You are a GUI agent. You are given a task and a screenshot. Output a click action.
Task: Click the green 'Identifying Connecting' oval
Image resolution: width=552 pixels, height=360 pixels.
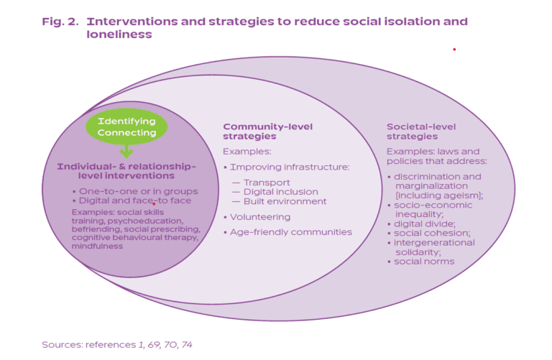pos(126,126)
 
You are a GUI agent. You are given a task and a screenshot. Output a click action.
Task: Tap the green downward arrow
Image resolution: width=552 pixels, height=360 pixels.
pos(126,152)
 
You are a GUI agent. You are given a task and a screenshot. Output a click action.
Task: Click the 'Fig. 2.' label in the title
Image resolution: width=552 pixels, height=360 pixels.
pos(60,22)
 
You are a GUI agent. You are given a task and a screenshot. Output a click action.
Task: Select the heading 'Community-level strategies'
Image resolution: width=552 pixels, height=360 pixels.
pos(267,131)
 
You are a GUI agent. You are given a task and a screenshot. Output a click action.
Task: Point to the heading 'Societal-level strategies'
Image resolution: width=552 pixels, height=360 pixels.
pos(421,131)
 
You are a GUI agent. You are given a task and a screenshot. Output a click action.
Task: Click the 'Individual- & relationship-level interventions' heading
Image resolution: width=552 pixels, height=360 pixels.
pos(126,171)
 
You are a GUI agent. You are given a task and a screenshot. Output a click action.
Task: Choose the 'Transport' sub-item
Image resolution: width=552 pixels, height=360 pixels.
pos(267,183)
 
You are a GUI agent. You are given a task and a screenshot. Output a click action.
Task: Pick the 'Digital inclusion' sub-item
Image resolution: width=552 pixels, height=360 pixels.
pos(280,192)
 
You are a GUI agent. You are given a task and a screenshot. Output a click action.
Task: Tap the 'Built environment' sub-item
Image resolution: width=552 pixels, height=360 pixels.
pos(285,201)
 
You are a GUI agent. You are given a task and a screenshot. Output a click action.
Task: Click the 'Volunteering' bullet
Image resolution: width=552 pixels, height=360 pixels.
pos(260,217)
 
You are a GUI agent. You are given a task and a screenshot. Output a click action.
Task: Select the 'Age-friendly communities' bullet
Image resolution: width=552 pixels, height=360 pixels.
pos(291,232)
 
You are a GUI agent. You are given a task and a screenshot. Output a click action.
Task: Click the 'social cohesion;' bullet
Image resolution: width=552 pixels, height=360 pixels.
pos(431,233)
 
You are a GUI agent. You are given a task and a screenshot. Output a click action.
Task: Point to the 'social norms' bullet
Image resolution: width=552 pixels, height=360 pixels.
pos(424,262)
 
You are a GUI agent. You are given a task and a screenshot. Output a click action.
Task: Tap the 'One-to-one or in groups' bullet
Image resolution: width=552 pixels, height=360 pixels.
pos(138,191)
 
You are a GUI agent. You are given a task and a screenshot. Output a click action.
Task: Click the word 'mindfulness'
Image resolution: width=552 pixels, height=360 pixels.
pos(97,246)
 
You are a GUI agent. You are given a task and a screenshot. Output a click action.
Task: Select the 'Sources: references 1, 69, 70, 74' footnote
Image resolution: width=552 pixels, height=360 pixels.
pos(117,344)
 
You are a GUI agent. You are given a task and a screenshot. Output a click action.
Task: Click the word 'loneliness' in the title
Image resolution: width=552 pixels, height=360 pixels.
pos(119,34)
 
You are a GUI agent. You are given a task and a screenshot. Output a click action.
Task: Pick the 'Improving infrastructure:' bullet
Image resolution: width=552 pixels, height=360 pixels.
pos(290,167)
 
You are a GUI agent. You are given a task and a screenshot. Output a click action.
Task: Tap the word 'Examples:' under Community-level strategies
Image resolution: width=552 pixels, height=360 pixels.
pos(247,152)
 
